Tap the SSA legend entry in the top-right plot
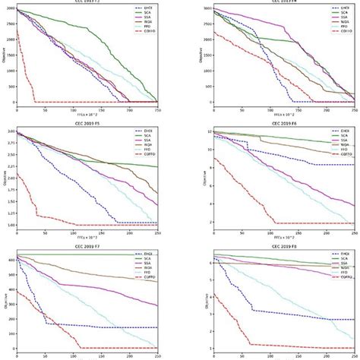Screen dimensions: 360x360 coord(344,21)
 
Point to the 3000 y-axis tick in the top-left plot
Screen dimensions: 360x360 coord(8,10)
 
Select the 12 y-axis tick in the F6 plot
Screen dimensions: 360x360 coord(206,132)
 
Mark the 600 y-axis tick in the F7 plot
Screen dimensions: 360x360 coord(8,259)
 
